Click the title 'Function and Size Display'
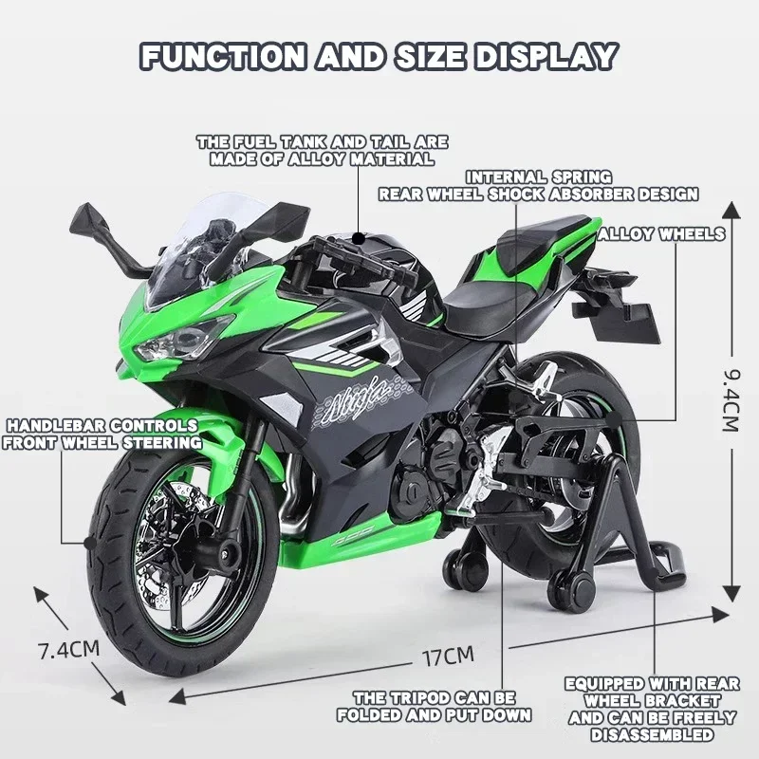coord(379,55)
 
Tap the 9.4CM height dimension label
coord(729,398)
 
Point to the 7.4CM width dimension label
coord(68,650)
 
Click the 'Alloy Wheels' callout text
coord(661,233)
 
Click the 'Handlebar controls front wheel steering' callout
coord(102,434)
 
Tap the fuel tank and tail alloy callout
coord(323,151)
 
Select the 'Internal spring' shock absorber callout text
coord(538,185)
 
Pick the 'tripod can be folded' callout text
coord(435,706)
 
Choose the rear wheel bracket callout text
coord(651,709)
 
